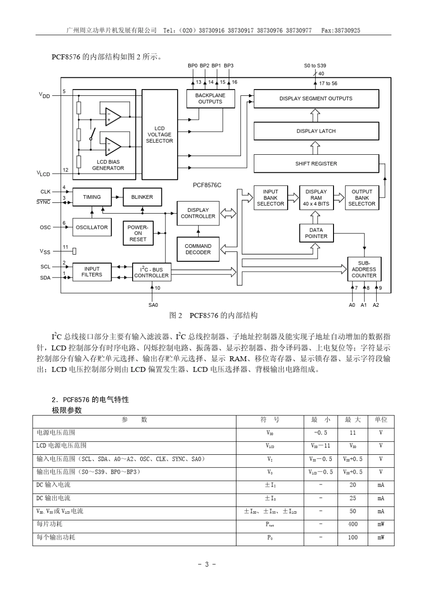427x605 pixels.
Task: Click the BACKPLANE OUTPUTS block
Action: [210, 99]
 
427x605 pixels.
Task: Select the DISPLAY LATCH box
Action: [316, 131]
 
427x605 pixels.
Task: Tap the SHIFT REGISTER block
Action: [316, 164]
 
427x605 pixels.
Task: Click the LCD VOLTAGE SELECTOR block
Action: [160, 134]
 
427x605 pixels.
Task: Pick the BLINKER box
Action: [142, 197]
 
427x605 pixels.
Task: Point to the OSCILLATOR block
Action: [92, 228]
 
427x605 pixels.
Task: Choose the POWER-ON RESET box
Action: [138, 233]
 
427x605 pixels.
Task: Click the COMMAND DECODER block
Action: [198, 249]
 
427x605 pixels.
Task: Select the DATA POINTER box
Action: [316, 233]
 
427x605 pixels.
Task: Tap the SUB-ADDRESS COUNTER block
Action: [364, 269]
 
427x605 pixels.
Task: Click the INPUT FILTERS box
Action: [92, 272]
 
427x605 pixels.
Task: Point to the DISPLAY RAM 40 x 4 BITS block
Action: [316, 197]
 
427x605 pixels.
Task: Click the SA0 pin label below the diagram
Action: [153, 305]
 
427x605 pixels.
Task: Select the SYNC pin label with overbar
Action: [44, 202]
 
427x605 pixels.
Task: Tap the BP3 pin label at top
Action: [229, 66]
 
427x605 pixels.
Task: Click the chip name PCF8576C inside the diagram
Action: [207, 185]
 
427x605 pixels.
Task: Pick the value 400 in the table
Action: [353, 524]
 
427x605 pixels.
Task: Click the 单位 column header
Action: [381, 420]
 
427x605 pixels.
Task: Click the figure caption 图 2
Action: [176, 316]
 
